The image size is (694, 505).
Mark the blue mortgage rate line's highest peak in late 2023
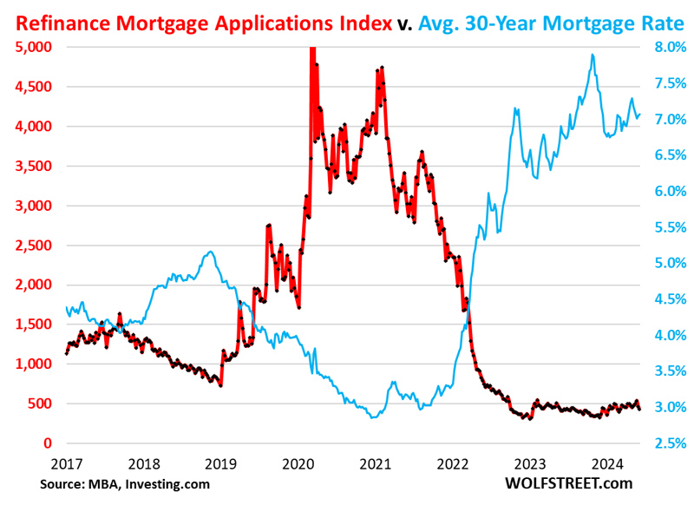coord(593,55)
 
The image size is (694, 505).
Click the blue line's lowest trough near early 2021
coord(373,417)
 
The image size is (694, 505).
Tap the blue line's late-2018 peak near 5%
coord(211,252)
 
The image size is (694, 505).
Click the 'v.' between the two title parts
coord(405,23)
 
